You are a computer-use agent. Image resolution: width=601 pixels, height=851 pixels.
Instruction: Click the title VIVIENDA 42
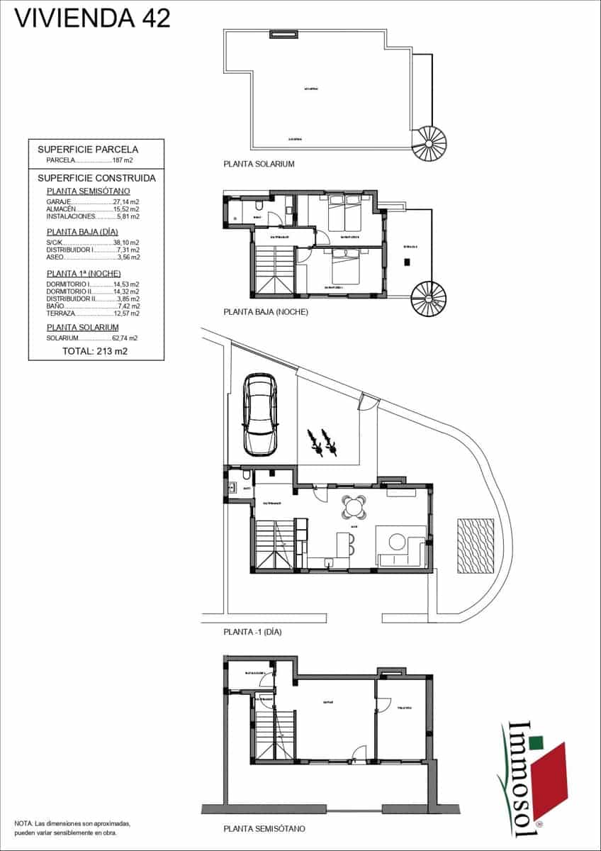pyautogui.click(x=93, y=18)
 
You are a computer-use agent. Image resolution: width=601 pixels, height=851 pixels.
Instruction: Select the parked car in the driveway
pyautogui.click(x=260, y=414)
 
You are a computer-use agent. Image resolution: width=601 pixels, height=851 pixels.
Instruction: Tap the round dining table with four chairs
pyautogui.click(x=354, y=507)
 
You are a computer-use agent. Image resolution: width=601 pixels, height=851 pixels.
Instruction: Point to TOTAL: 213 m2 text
pyautogui.click(x=95, y=351)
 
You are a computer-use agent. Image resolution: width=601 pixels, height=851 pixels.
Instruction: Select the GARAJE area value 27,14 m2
pyautogui.click(x=126, y=202)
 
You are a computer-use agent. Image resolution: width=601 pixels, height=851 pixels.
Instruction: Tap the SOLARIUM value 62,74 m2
pyautogui.click(x=125, y=338)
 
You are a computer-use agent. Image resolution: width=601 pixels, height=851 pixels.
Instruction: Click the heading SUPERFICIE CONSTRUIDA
pyautogui.click(x=96, y=178)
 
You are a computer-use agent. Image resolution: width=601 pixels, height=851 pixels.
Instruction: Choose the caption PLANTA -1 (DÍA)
pyautogui.click(x=252, y=631)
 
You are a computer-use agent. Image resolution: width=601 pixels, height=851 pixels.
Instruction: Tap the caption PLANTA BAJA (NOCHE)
pyautogui.click(x=266, y=311)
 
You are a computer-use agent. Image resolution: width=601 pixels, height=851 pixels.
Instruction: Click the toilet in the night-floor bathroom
pyautogui.click(x=260, y=206)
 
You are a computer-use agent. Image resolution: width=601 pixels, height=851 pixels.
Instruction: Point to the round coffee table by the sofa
pyautogui.click(x=396, y=543)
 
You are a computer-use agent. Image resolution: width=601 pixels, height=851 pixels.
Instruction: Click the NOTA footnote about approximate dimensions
pyautogui.click(x=72, y=827)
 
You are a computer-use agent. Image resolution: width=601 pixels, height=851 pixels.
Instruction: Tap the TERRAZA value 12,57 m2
pyautogui.click(x=126, y=313)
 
